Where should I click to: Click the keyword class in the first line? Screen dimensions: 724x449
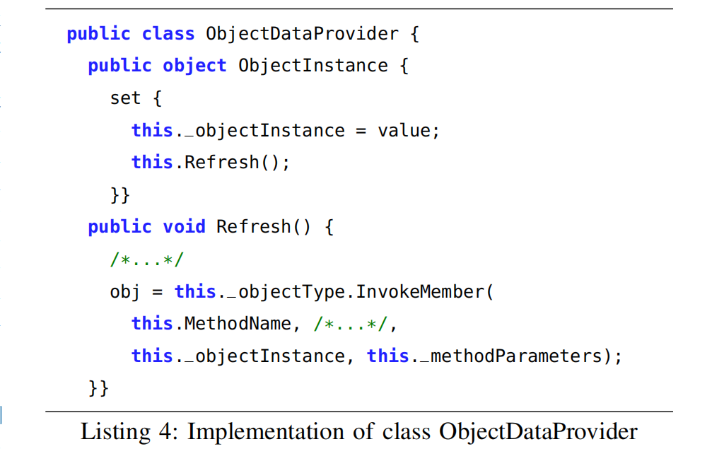168,34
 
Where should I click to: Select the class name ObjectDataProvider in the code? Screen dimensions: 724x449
302,34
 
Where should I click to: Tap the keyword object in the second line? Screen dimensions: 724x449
194,66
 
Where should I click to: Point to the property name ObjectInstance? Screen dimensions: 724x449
313,66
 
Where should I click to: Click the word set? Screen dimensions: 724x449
125,98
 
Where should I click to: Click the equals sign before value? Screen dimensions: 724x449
361,131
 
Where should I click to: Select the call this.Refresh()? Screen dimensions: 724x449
211,163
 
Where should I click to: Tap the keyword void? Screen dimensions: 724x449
184,227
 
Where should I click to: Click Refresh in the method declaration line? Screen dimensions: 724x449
254,227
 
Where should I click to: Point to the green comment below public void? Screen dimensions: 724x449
147,260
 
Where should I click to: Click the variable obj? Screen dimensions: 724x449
124,292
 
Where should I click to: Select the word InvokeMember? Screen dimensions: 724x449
420,291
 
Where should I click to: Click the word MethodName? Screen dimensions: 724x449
238,323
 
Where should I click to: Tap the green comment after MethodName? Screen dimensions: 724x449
350,324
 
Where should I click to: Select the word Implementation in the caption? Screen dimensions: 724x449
266,432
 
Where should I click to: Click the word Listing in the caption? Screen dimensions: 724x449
116,432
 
